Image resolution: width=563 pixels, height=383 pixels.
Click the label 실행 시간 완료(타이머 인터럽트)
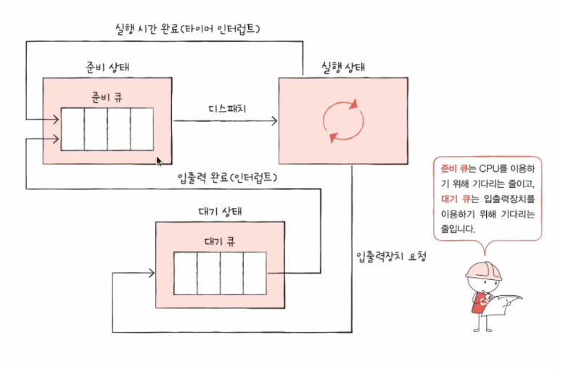coord(187,30)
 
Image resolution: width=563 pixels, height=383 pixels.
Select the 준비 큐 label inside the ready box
coord(107,96)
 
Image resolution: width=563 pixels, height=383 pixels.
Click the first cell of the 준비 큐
coord(73,128)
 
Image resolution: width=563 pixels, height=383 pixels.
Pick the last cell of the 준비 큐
coord(141,128)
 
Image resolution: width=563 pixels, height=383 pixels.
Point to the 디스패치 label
coord(226,109)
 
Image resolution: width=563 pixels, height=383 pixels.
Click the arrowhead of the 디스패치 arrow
coord(274,120)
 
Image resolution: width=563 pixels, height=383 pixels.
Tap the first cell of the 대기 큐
coord(186,273)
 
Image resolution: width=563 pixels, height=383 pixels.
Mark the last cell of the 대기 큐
coord(255,273)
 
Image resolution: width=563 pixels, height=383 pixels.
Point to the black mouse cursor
coord(159,161)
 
